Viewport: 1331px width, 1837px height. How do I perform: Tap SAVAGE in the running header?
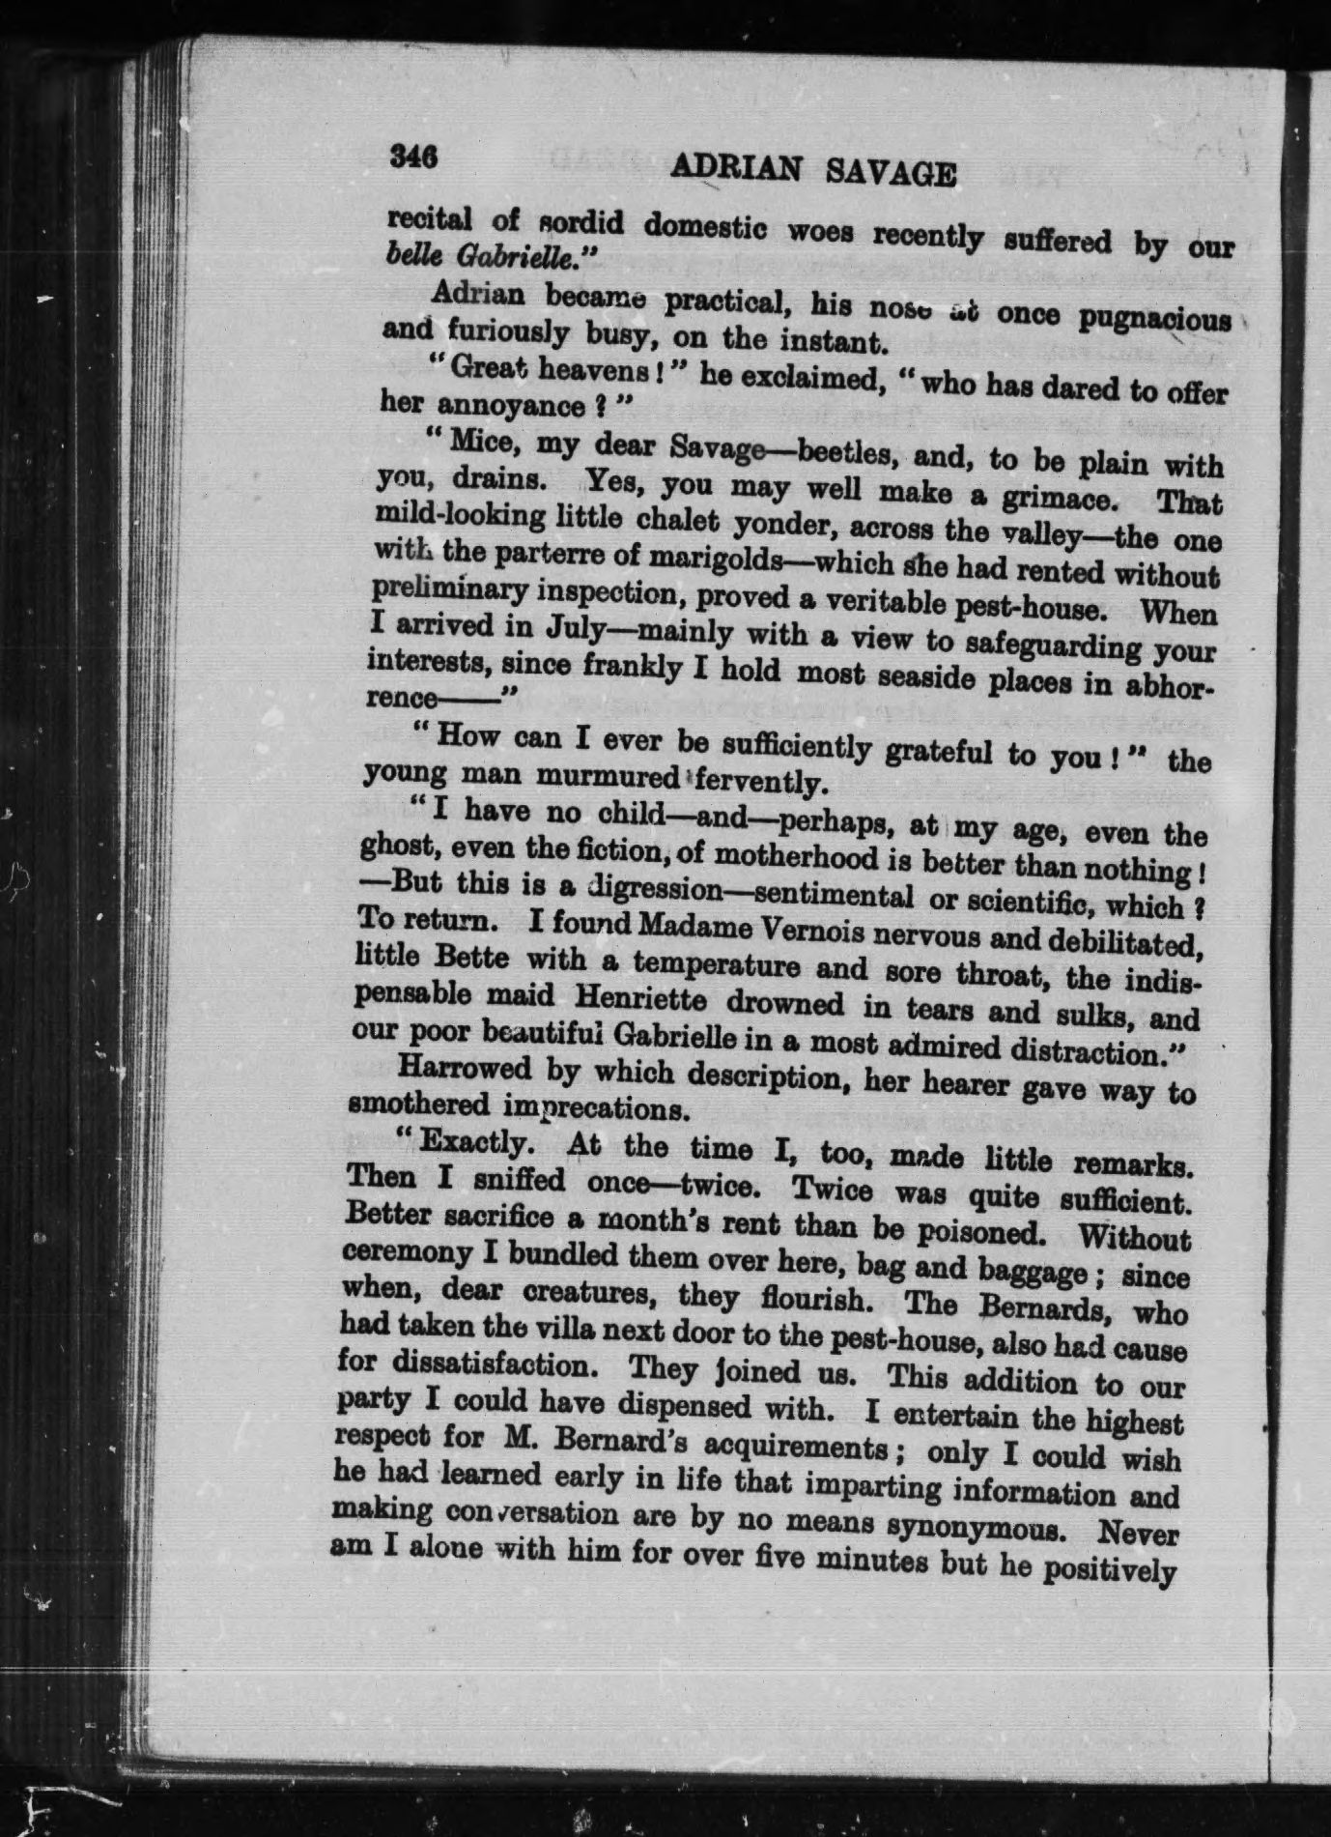(892, 173)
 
